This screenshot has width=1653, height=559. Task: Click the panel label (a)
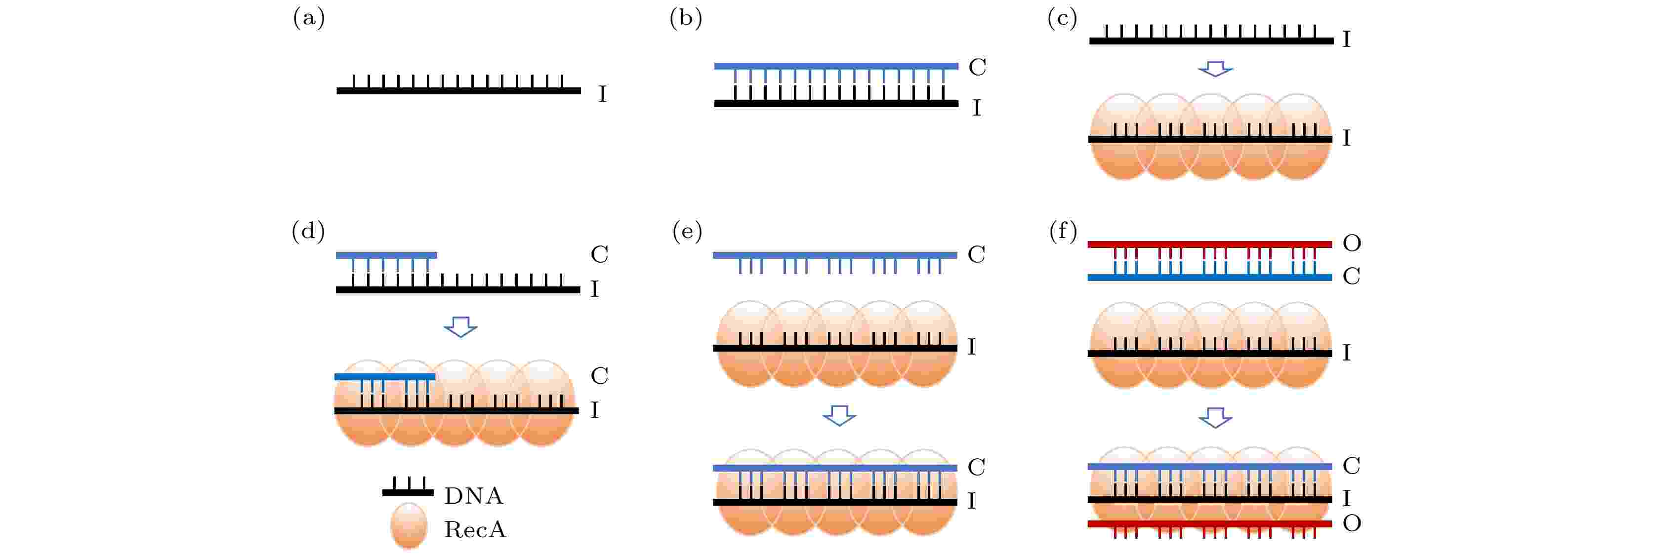point(309,17)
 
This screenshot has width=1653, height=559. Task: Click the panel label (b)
point(685,17)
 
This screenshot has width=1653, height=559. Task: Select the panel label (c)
point(1062,17)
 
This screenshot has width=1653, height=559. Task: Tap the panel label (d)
point(308,231)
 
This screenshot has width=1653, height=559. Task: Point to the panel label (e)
point(687,231)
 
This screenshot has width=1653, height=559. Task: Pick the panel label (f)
point(1063,231)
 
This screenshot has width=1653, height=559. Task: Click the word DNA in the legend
point(474,495)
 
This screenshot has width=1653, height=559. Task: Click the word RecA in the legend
point(475,529)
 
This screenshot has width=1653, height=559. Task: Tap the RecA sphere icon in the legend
point(409,525)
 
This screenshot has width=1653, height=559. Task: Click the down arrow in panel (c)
point(1215,69)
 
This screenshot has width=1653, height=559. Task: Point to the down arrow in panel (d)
point(461,327)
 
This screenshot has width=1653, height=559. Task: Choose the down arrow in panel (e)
point(839,415)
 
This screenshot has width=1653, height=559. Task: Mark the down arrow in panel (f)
point(1215,418)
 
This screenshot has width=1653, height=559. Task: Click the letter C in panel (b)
point(977,67)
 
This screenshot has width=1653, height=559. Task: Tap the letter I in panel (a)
point(602,94)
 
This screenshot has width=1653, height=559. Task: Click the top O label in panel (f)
point(1352,242)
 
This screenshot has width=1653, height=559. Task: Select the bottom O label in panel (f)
point(1352,523)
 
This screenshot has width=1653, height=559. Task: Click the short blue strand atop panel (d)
point(386,255)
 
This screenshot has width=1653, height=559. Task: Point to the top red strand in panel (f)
point(1209,244)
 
